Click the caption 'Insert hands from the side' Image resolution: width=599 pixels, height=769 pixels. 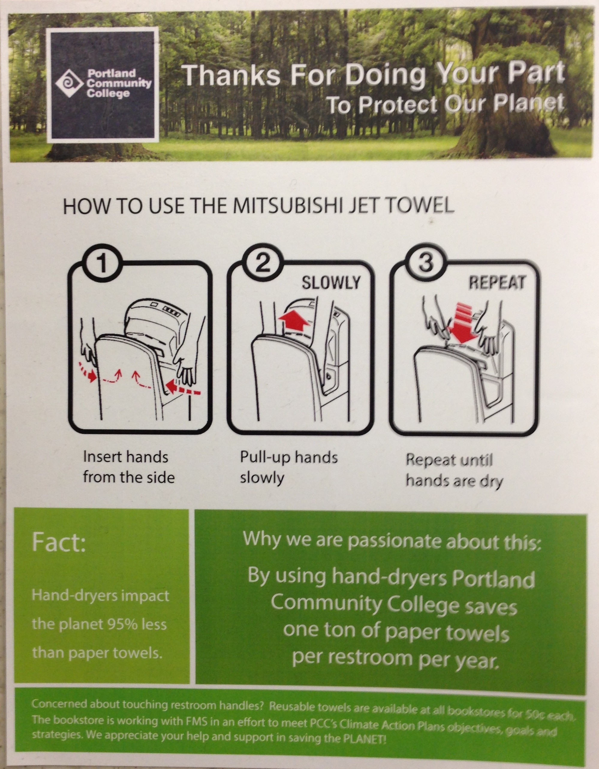click(129, 467)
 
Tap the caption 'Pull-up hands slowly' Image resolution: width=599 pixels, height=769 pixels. click(288, 467)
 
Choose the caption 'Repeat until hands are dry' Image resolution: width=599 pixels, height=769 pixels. click(454, 471)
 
